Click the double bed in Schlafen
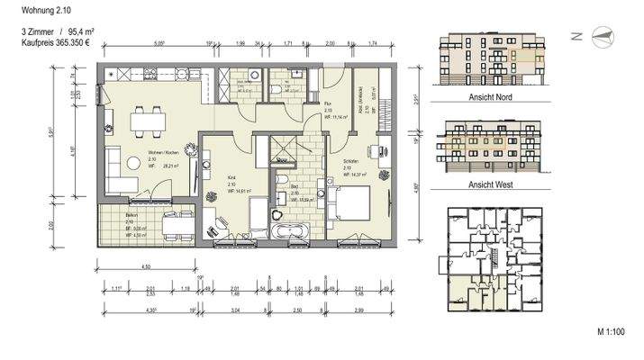[x=353, y=204]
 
